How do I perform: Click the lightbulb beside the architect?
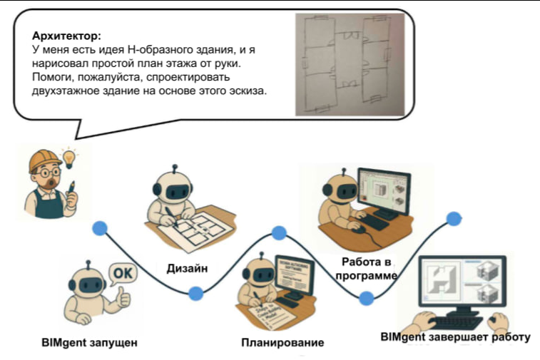69,157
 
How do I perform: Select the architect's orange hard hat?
44,161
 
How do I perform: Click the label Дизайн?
188,267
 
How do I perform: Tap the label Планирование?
282,342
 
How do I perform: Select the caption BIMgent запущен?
89,342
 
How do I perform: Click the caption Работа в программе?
365,269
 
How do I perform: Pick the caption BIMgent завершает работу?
455,336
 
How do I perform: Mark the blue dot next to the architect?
100,228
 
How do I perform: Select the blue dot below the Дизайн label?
194,292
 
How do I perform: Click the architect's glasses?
44,174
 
